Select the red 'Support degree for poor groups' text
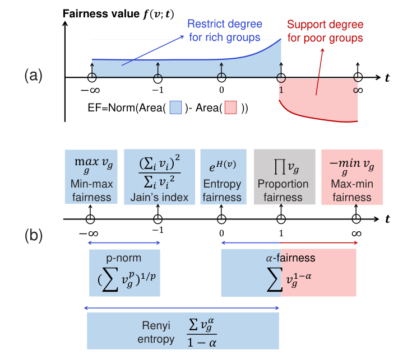pyautogui.click(x=325, y=31)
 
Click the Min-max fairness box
pyautogui.click(x=91, y=176)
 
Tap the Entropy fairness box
pyautogui.click(x=223, y=176)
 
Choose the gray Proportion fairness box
pyautogui.click(x=283, y=176)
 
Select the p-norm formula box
pyautogui.click(x=124, y=273)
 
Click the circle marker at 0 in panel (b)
pyautogui.click(x=222, y=219)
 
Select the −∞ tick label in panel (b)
pyautogui.click(x=90, y=231)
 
